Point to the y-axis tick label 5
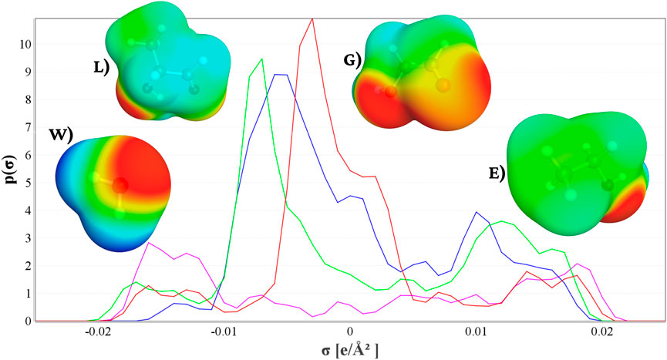27,183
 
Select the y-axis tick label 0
27,321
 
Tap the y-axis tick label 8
27,100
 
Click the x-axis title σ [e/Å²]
350,352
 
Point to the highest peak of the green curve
262,59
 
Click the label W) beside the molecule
60,137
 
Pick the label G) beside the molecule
354,59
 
